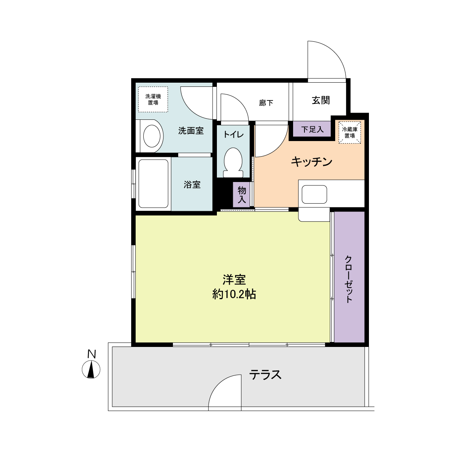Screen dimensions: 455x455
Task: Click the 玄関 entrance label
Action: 321,100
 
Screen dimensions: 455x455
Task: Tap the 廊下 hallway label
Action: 266,102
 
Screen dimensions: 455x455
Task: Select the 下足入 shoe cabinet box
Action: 312,129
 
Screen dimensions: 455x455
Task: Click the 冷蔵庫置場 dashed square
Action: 350,132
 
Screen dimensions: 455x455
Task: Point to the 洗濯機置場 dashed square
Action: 153,99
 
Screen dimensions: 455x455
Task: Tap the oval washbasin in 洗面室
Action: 152,136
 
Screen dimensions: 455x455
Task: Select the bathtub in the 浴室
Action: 154,183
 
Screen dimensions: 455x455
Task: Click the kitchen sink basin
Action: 314,194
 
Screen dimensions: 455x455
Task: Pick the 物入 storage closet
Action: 242,195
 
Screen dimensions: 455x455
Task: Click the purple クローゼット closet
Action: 349,277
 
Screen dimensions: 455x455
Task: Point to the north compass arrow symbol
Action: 91,370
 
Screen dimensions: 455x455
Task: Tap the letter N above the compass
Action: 91,354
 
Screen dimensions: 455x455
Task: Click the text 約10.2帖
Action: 234,294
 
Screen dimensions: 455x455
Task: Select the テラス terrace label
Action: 265,375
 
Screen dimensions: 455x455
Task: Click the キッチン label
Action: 312,162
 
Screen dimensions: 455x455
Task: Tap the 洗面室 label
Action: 191,131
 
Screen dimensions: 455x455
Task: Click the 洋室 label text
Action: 234,280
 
